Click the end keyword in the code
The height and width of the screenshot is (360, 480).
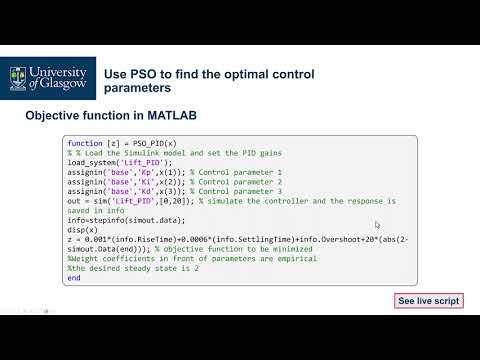click(73, 277)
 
